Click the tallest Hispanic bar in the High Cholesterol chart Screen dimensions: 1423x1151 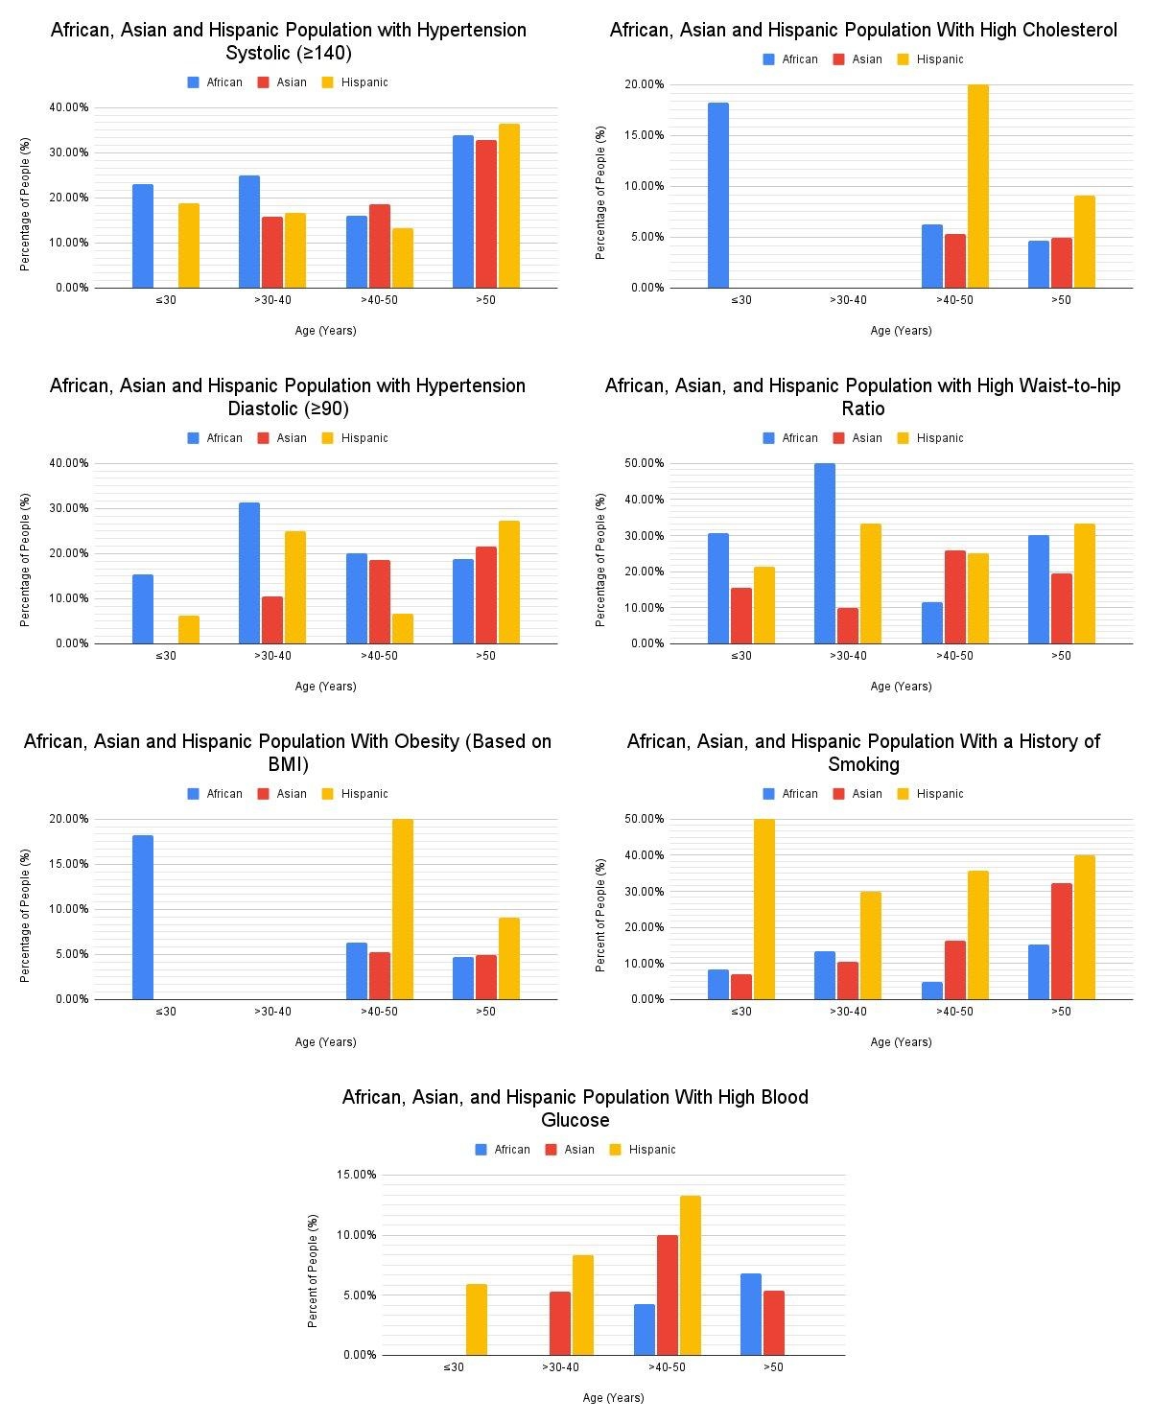(977, 186)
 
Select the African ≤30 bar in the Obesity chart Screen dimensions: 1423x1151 (143, 918)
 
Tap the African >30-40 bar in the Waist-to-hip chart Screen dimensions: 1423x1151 (825, 553)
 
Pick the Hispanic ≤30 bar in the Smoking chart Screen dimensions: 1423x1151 (763, 909)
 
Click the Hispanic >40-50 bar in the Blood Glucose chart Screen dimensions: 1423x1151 (691, 1275)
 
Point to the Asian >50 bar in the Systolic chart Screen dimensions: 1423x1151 (486, 214)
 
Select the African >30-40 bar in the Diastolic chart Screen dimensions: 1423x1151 (249, 572)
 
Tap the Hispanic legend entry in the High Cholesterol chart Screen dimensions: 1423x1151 (929, 59)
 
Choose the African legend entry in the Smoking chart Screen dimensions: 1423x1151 (790, 794)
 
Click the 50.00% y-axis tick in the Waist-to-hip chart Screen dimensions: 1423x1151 (644, 463)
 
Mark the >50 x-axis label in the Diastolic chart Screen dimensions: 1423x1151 (486, 656)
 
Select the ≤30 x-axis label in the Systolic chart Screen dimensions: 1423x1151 (166, 300)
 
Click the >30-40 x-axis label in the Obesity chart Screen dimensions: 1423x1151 (272, 1012)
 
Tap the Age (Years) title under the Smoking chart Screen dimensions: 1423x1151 (901, 1042)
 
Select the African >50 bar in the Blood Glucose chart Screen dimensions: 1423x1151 (751, 1314)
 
